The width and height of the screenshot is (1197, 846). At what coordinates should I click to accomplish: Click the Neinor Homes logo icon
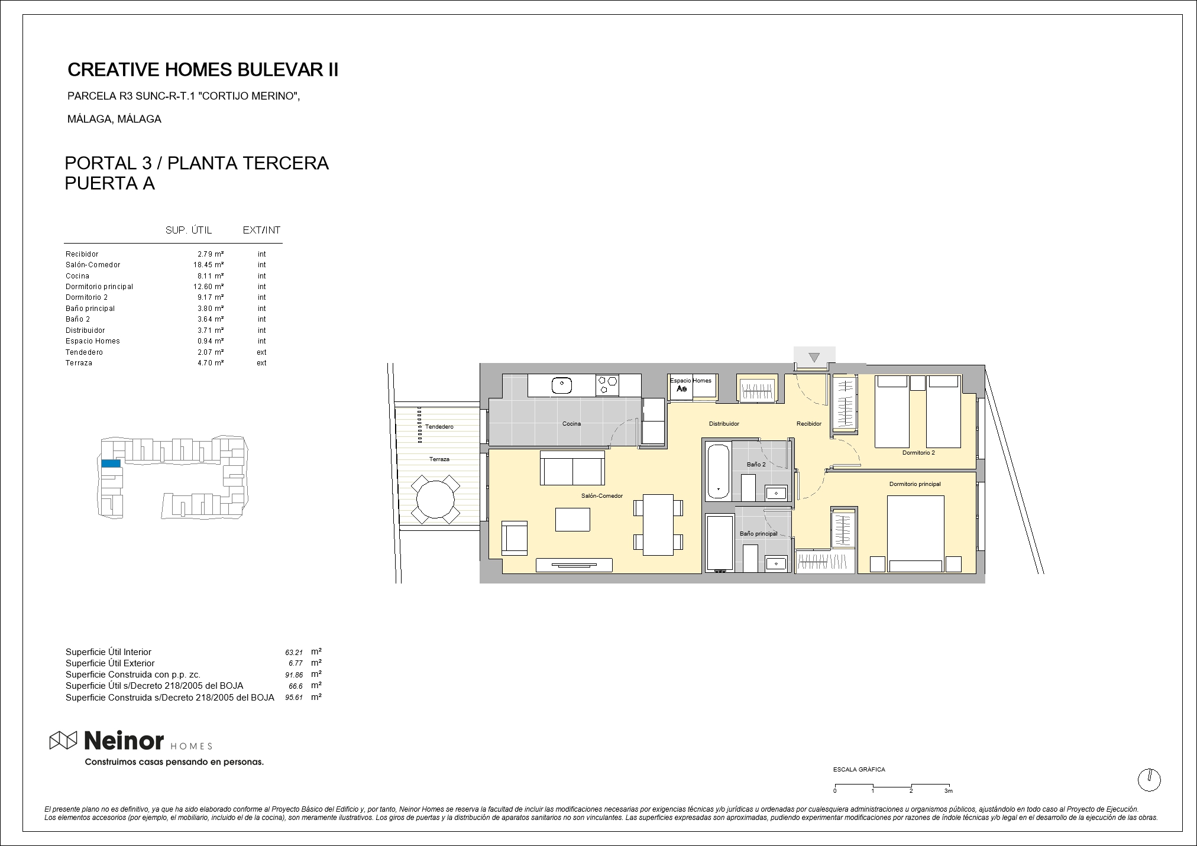(x=63, y=740)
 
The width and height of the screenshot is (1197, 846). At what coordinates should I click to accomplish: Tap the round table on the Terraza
(x=435, y=500)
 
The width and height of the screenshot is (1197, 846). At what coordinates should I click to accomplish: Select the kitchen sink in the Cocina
(x=561, y=386)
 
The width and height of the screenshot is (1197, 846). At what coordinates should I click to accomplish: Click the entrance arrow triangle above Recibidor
(x=814, y=357)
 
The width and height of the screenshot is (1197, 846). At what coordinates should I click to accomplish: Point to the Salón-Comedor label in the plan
(x=602, y=496)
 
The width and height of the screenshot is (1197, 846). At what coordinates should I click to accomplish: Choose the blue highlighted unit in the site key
(x=111, y=463)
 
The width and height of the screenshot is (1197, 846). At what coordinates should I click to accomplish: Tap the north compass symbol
(x=1149, y=780)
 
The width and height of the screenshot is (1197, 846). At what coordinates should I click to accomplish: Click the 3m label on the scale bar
(x=949, y=791)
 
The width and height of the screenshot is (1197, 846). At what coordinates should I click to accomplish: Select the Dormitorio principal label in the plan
(x=915, y=484)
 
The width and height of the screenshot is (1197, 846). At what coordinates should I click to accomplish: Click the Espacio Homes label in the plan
(x=691, y=381)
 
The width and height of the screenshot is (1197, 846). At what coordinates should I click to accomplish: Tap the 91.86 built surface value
(x=294, y=675)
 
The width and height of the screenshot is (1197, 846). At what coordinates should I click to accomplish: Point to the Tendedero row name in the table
(x=84, y=352)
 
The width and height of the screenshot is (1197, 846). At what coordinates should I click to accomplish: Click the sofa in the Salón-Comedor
(x=572, y=468)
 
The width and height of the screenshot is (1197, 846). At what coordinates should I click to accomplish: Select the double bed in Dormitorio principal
(x=915, y=534)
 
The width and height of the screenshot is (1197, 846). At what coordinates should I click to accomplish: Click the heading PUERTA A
(x=109, y=184)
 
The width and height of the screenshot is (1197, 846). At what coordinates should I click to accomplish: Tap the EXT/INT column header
(x=261, y=231)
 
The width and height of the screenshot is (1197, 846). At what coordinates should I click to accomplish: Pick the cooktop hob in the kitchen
(x=607, y=385)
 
